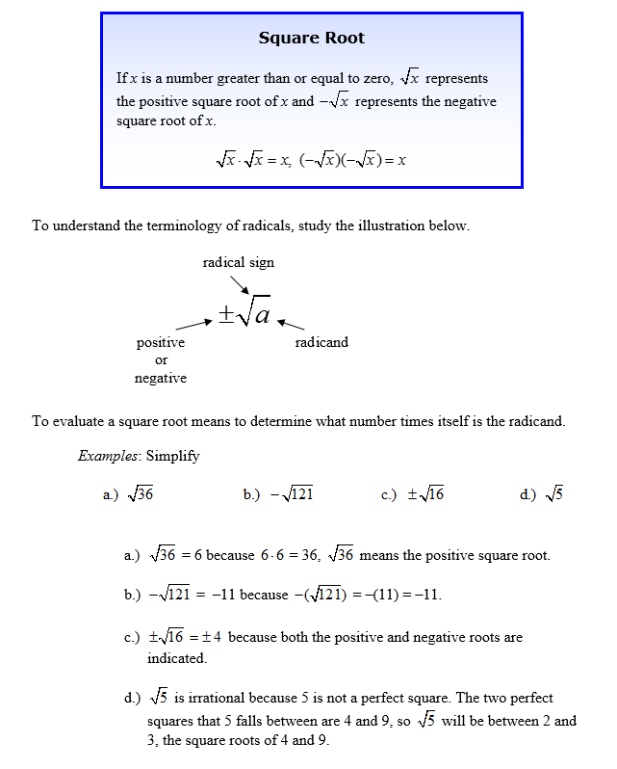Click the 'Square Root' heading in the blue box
click(312, 39)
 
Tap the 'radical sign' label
click(238, 262)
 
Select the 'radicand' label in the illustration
click(321, 342)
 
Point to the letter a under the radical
click(262, 313)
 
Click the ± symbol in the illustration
click(225, 314)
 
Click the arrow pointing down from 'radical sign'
click(240, 284)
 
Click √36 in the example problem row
click(142, 494)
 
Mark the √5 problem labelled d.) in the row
click(553, 494)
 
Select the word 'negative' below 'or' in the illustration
click(160, 379)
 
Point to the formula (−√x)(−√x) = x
click(352, 160)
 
